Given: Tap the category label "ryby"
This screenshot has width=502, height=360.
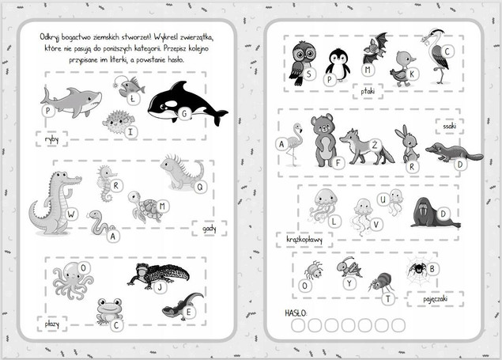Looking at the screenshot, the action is click(x=51, y=139).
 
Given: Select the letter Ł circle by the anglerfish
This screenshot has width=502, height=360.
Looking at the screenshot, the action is click(x=133, y=99).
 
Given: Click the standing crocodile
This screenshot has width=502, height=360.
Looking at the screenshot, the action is click(x=55, y=203).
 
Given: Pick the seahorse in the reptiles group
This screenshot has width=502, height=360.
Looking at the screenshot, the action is click(x=105, y=184).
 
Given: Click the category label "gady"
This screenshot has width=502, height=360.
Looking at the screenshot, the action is click(x=209, y=229).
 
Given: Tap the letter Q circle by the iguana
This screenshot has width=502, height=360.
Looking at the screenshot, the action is click(x=200, y=187).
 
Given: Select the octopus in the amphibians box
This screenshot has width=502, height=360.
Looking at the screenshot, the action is click(x=72, y=280).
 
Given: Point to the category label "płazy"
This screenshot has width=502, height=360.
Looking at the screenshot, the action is click(x=52, y=324).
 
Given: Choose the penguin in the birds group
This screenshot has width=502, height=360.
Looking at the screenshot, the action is click(x=338, y=65).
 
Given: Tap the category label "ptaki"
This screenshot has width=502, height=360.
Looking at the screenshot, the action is click(x=368, y=91).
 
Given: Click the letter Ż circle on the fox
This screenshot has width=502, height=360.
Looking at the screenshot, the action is click(x=375, y=145).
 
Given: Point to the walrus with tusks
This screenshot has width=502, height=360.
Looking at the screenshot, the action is click(x=434, y=213).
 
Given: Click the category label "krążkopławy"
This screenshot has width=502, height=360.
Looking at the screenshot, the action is click(x=304, y=239).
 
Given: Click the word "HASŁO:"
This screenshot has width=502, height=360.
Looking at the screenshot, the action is click(x=296, y=313).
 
